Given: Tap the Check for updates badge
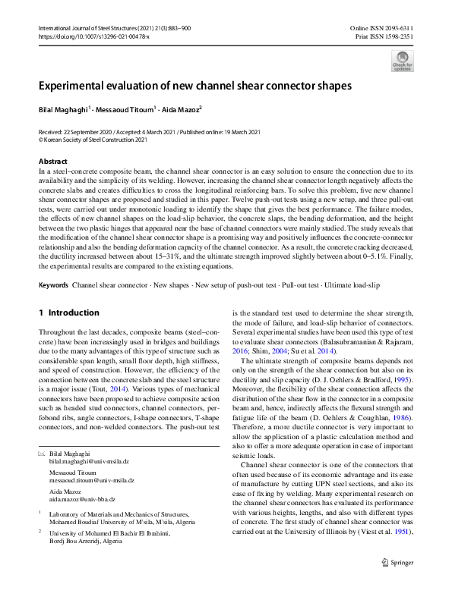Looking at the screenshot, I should [x=402, y=61].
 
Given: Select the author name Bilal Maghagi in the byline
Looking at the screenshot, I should [x=63, y=109].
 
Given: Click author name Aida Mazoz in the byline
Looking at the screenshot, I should [x=179, y=109].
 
